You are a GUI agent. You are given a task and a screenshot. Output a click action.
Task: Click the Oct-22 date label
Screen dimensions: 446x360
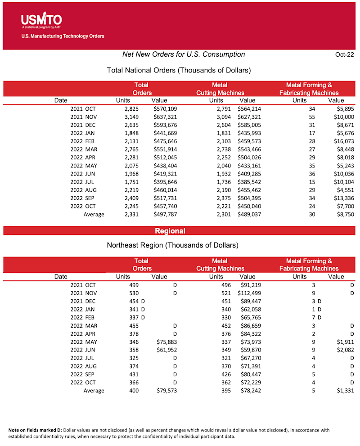tap(344, 55)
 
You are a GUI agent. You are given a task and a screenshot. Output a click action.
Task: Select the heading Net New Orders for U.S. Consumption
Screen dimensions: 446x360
tap(184, 54)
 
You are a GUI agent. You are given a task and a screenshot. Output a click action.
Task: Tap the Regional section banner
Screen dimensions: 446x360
tap(170, 231)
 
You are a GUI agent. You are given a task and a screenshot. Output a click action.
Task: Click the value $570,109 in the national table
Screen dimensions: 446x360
tap(165, 109)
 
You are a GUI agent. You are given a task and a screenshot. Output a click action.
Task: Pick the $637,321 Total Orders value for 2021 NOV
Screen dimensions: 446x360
tap(165, 117)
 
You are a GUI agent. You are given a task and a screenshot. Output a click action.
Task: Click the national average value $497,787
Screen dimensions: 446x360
tap(165, 214)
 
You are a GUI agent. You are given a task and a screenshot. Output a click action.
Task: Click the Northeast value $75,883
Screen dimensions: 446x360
tap(166, 342)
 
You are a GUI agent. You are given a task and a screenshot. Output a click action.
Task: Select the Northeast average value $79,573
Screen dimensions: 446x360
tap(166, 391)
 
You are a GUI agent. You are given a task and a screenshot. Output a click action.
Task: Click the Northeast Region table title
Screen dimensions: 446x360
tap(172, 246)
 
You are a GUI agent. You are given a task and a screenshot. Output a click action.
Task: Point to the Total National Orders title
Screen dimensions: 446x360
tap(179, 71)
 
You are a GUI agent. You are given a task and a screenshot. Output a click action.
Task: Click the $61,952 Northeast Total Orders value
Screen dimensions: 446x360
tap(166, 350)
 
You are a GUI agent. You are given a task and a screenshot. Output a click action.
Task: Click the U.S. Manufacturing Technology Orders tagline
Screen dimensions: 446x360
tap(63, 36)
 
